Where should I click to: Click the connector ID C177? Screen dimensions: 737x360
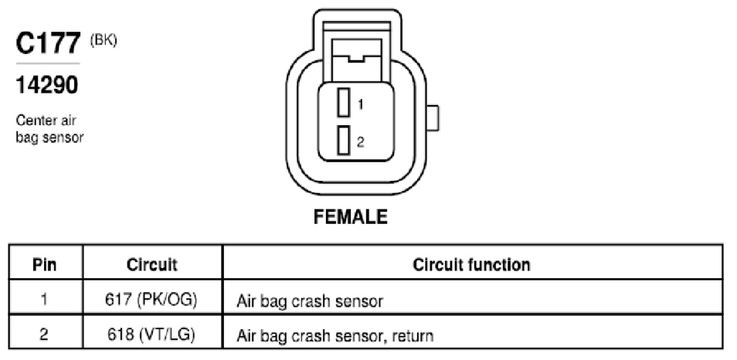(49, 44)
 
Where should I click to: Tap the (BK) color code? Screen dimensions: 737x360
(104, 40)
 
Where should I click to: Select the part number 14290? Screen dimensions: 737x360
(47, 85)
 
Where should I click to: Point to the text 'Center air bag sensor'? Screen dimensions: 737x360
(49, 129)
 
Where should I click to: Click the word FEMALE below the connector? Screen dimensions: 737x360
(351, 216)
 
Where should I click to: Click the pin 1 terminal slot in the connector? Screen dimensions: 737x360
(344, 103)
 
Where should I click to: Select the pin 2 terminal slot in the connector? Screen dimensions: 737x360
(344, 140)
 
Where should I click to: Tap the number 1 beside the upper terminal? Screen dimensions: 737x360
(361, 104)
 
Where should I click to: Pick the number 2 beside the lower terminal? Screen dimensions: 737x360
(361, 142)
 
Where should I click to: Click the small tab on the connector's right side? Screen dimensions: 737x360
(433, 118)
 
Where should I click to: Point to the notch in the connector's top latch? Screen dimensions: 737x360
(356, 59)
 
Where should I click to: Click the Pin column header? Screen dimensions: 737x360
(45, 265)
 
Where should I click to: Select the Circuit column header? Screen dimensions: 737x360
(152, 265)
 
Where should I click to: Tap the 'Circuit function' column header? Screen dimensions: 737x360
(472, 265)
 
